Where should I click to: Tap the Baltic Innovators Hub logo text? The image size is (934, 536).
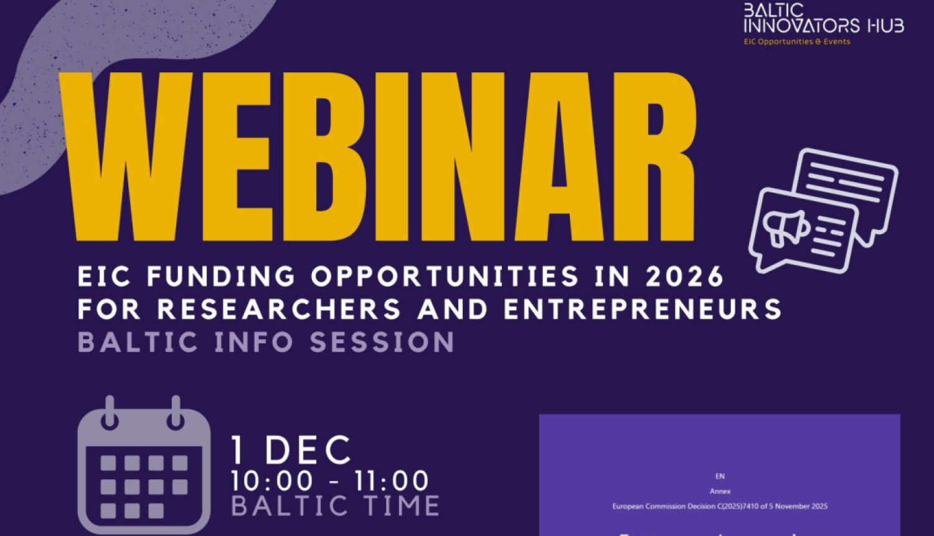click(823, 19)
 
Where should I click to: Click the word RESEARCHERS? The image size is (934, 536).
click(279, 309)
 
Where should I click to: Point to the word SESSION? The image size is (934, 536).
click(382, 343)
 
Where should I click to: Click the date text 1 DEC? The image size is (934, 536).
click(291, 450)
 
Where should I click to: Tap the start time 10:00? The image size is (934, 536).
click(271, 481)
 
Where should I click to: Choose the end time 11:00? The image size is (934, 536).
click(392, 481)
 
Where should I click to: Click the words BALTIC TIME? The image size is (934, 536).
click(336, 506)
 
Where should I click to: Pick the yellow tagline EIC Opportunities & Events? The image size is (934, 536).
click(797, 42)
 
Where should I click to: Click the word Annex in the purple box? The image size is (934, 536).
click(720, 491)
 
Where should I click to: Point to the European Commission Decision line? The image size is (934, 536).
click(720, 506)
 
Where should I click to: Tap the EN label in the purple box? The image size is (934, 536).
click(720, 476)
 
